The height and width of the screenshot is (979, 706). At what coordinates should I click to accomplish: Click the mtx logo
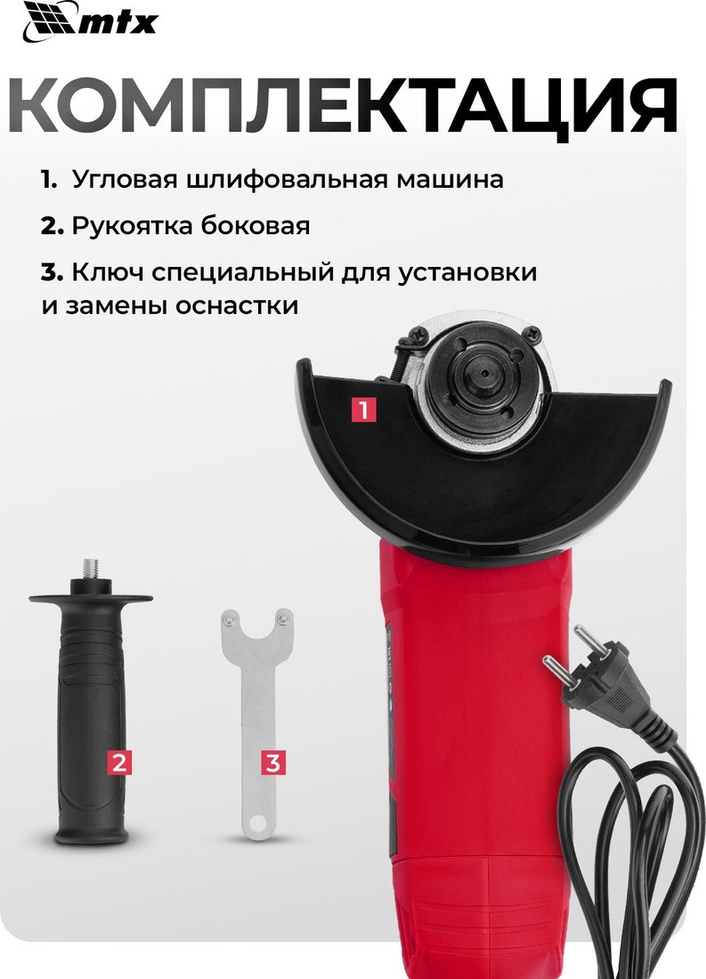pos(90,22)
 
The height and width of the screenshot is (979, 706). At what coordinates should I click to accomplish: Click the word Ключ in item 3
pos(108,273)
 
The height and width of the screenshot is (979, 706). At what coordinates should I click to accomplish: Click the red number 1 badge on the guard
pos(363,409)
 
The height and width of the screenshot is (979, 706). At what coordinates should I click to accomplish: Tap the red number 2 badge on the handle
pos(119,762)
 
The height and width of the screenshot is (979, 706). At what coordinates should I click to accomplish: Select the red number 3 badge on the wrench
pos(273,762)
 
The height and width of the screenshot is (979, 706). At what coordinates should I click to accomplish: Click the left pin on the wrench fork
pos(231,619)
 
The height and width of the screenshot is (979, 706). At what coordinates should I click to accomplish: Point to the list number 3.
pos(52,273)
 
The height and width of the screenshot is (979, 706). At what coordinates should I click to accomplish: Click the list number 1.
pos(49,180)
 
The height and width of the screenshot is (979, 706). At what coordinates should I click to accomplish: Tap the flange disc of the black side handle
pos(91,599)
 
